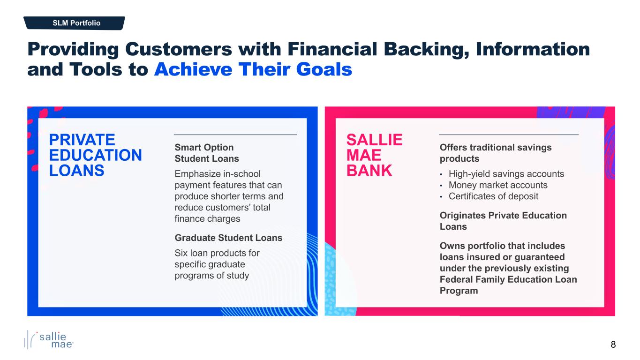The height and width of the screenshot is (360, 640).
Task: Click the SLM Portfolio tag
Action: coord(74,23)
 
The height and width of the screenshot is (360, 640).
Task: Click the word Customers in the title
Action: coord(178,49)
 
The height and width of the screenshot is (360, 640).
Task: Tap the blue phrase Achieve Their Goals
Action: coord(253,69)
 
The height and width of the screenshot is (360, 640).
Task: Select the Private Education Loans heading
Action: coord(96,155)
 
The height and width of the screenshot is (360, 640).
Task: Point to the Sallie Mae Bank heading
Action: coord(374,155)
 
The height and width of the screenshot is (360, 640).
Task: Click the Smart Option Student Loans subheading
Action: coord(207,153)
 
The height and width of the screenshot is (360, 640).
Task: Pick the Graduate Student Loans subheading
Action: coord(228,238)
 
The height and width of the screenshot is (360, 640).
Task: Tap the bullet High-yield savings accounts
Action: coord(506,174)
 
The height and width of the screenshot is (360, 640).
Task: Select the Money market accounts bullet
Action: coord(498,185)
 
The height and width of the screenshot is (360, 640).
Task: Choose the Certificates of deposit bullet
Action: coord(493,196)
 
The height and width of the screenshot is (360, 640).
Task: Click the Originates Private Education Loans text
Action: coord(503,221)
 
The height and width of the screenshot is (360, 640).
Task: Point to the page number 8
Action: coord(613,345)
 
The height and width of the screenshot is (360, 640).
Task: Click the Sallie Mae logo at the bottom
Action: coord(49,340)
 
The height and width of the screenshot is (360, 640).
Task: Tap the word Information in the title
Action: coord(533,49)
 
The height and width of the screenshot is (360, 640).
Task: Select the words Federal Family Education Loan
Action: coord(508,279)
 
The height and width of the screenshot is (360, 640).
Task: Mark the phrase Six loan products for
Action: coord(217,253)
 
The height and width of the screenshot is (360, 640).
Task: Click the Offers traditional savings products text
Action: coord(496,153)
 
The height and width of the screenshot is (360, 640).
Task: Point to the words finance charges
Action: coord(207,218)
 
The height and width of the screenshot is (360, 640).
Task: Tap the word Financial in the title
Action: coord(332,49)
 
